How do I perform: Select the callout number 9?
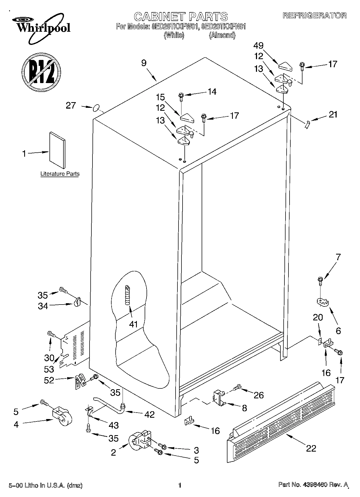(144, 63)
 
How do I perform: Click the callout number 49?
(258, 46)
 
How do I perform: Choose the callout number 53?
(49, 369)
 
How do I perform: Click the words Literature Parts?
(60, 174)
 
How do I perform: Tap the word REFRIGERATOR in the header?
(314, 15)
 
